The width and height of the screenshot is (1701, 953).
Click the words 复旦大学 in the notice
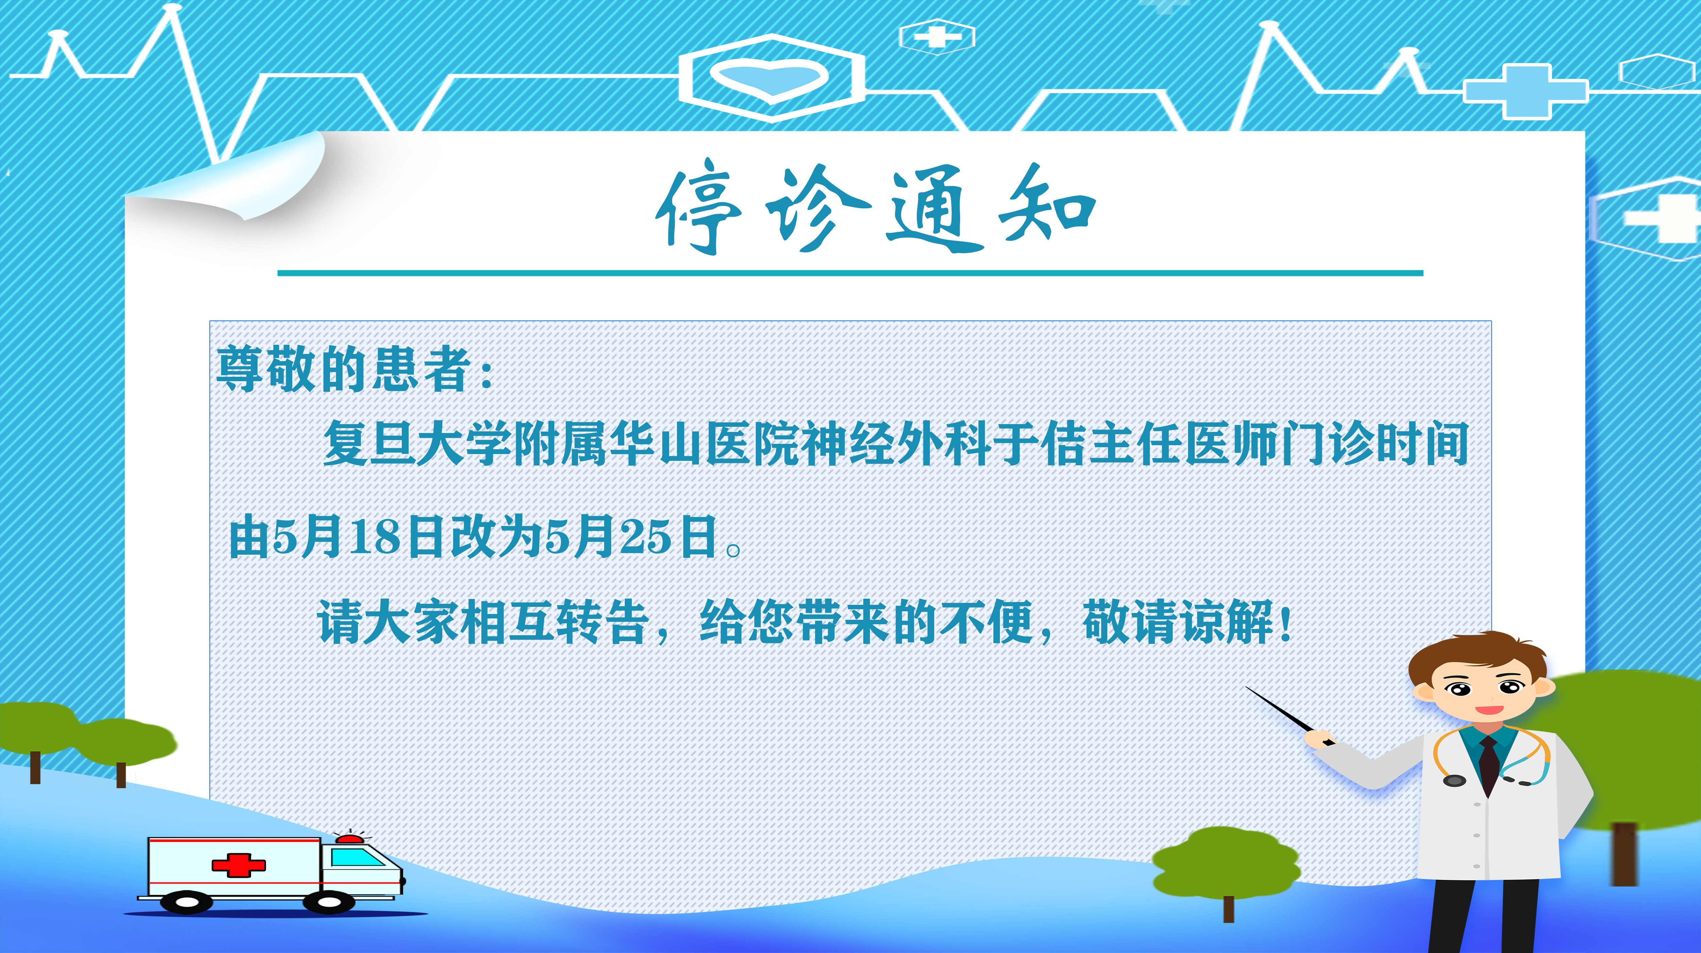click(x=417, y=442)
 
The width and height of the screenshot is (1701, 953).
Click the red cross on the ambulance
click(x=238, y=865)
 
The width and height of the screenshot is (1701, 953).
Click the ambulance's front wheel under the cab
click(x=328, y=901)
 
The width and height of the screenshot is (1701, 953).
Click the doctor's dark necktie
click(x=1489, y=766)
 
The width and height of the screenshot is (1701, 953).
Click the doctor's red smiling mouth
click(x=1489, y=710)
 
